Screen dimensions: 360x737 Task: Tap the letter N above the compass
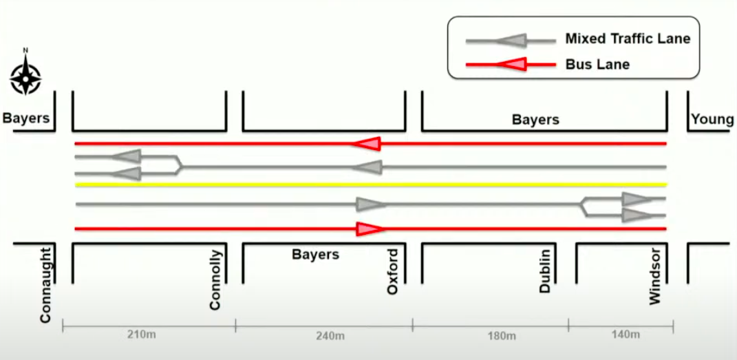click(x=25, y=50)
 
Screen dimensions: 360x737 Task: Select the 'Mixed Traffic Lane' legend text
click(x=627, y=39)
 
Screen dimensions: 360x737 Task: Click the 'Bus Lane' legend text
click(x=597, y=65)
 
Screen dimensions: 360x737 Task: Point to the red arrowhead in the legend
click(x=512, y=65)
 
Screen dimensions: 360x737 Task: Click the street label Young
click(x=712, y=120)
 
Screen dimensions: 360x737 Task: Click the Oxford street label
click(x=392, y=273)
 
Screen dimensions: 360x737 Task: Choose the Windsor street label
click(x=654, y=276)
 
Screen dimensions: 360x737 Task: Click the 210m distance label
click(x=147, y=335)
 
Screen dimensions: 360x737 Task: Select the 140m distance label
click(x=625, y=335)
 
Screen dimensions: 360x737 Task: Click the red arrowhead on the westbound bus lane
click(x=367, y=143)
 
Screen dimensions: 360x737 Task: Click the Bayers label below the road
click(x=316, y=254)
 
